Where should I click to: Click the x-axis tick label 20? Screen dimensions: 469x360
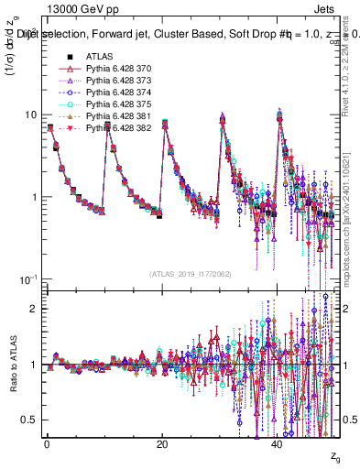point(162,445)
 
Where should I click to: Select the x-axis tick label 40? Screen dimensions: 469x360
point(278,445)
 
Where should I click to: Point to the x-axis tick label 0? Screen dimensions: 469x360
point(47,445)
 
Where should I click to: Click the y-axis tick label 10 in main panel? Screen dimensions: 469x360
point(32,115)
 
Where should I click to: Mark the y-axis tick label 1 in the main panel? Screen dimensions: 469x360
point(36,197)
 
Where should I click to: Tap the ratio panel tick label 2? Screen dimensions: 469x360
point(36,309)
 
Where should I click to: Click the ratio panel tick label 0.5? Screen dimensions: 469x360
point(32,420)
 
